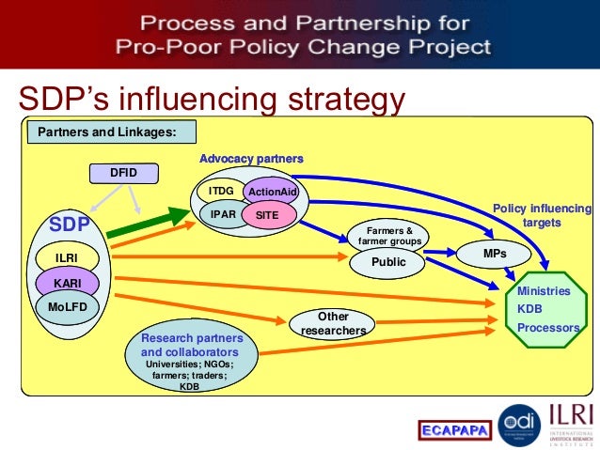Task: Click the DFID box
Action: [x=124, y=173]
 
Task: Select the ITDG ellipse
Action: [x=221, y=192]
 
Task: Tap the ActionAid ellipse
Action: [x=270, y=193]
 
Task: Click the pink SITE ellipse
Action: [x=267, y=216]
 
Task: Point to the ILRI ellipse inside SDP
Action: [x=66, y=256]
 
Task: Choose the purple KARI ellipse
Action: [x=66, y=281]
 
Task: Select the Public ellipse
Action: [x=388, y=263]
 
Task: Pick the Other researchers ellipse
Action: [x=333, y=324]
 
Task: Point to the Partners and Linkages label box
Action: [x=106, y=132]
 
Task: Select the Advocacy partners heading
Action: [x=251, y=158]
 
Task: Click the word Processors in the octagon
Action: [x=548, y=328]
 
